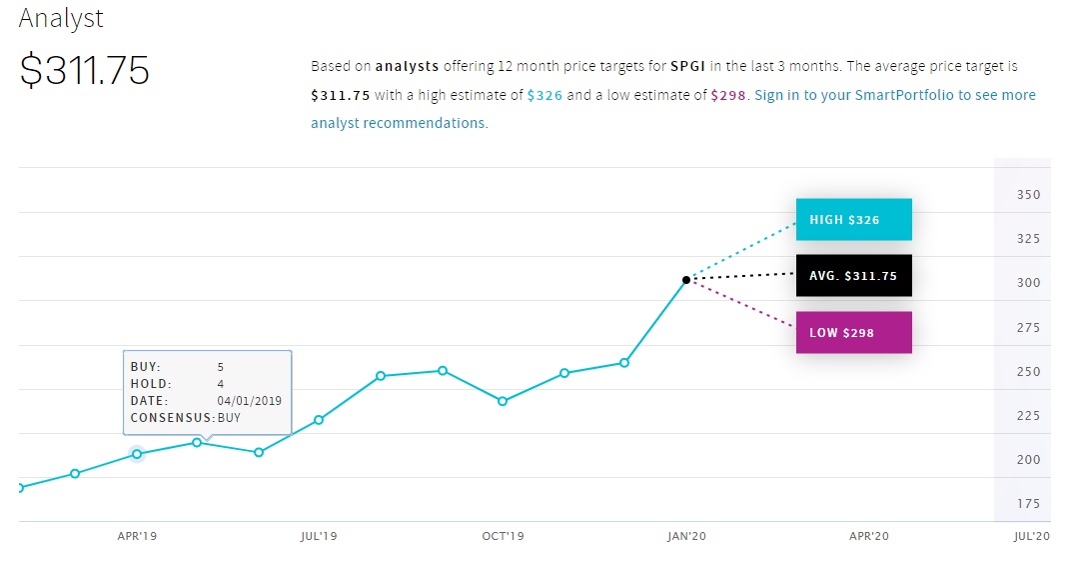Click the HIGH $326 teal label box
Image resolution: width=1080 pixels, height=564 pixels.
pyautogui.click(x=853, y=220)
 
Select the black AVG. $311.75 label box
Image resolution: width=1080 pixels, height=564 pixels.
pyautogui.click(x=853, y=276)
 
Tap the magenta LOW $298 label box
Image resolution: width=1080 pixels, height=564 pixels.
pyautogui.click(x=853, y=333)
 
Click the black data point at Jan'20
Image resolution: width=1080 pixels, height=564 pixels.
pyautogui.click(x=686, y=280)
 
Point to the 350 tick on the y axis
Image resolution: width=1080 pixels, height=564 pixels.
pyautogui.click(x=1028, y=195)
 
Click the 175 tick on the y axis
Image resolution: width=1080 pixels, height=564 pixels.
pyautogui.click(x=1028, y=504)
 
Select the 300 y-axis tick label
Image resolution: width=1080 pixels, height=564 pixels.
pyautogui.click(x=1028, y=283)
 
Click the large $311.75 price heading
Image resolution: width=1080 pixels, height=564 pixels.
pyautogui.click(x=85, y=71)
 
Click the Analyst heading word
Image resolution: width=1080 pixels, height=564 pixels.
pyautogui.click(x=61, y=18)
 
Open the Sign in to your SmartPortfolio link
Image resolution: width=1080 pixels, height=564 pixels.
pyautogui.click(x=895, y=95)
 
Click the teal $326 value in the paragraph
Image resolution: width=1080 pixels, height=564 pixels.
pyautogui.click(x=544, y=96)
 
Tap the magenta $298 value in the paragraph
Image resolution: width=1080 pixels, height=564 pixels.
pyautogui.click(x=728, y=96)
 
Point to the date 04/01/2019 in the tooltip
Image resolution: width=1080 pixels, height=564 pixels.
pyautogui.click(x=249, y=401)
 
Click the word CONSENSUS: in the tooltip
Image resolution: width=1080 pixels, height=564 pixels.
pyautogui.click(x=173, y=418)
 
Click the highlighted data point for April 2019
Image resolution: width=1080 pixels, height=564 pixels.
pyautogui.click(x=137, y=454)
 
